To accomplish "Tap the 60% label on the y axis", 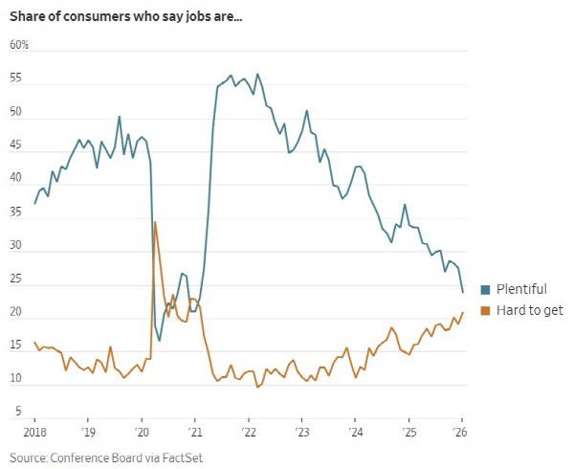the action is pyautogui.click(x=19, y=45).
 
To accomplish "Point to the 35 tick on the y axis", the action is pyautogui.click(x=15, y=212).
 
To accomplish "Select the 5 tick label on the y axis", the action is pyautogui.click(x=18, y=412).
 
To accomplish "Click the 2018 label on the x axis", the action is pyautogui.click(x=34, y=432).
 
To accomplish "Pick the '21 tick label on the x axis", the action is pyautogui.click(x=195, y=432).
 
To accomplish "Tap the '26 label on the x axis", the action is pyautogui.click(x=460, y=432).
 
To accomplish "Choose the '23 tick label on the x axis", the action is pyautogui.click(x=302, y=432).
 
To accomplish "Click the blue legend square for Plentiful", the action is pyautogui.click(x=485, y=290).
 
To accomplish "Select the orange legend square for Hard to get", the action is pyautogui.click(x=485, y=311).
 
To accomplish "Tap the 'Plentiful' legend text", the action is pyautogui.click(x=521, y=289).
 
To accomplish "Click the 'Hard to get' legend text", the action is pyautogui.click(x=530, y=310).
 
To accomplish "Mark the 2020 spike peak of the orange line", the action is pyautogui.click(x=155, y=222).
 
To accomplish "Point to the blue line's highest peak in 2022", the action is pyautogui.click(x=257, y=75).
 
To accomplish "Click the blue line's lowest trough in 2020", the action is pyautogui.click(x=159, y=341).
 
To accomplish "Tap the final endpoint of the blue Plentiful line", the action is pyautogui.click(x=463, y=292).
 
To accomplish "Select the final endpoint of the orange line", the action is pyautogui.click(x=463, y=312).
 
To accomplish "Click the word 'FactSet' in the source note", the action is pyautogui.click(x=183, y=458).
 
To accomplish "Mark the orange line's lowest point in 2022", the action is pyautogui.click(x=257, y=387).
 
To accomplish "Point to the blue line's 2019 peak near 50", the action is pyautogui.click(x=119, y=117).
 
